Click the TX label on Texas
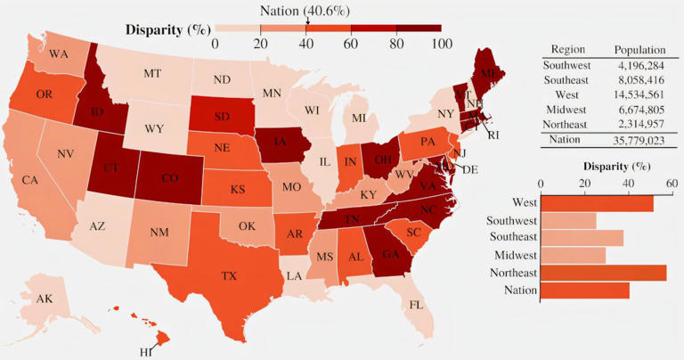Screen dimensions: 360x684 [229, 276]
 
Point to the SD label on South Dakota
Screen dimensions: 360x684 [222, 116]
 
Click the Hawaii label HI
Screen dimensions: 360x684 [146, 353]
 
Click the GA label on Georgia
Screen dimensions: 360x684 [390, 252]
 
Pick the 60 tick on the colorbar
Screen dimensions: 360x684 [350, 44]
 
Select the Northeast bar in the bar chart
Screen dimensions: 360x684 [604, 273]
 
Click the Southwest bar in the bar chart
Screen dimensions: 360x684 [568, 220]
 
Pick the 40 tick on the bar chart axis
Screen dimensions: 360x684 [628, 184]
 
